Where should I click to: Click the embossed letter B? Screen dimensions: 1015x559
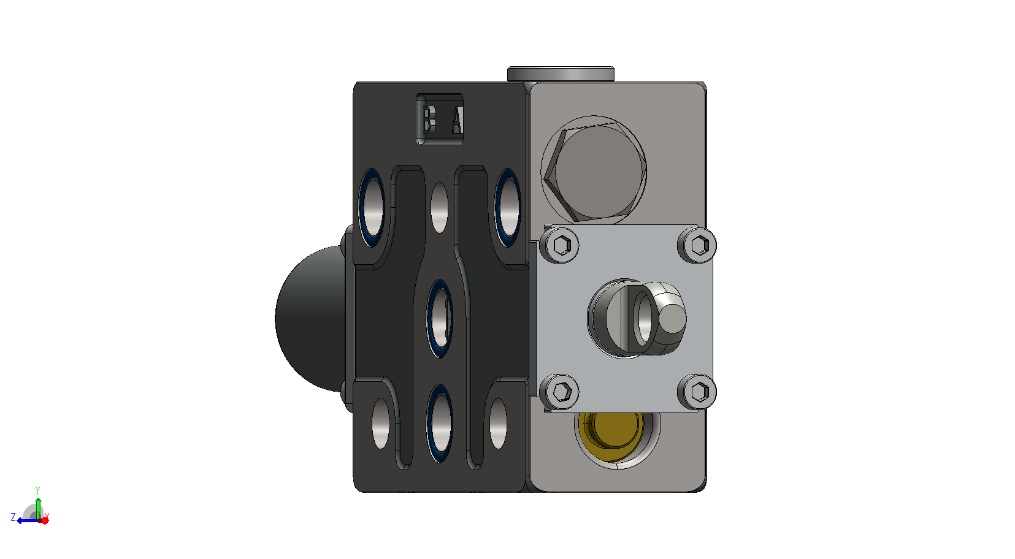point(427,120)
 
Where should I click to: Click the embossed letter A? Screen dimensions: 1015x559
point(457,120)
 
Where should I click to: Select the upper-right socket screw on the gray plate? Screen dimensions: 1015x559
point(698,245)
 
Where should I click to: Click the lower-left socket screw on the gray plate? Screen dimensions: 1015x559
point(560,392)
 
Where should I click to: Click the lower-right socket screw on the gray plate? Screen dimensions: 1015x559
point(697,392)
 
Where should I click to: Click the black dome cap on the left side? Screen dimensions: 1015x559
point(311,319)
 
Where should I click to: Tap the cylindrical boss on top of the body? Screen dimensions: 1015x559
point(561,74)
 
